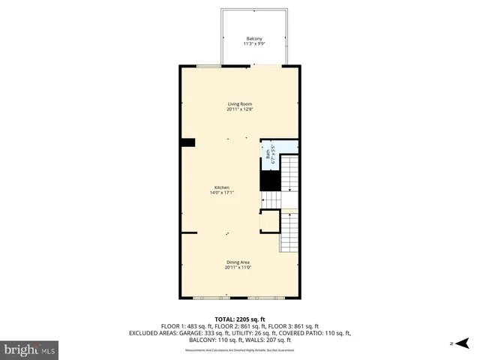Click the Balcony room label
tap(255, 39)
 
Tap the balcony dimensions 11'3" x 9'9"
tap(255, 44)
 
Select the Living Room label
tap(240, 103)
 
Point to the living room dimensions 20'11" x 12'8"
tap(240, 109)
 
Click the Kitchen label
tap(222, 187)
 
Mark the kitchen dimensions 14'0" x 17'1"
tap(222, 193)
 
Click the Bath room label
tap(268, 154)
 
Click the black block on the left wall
tap(187, 142)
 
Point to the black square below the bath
tap(269, 181)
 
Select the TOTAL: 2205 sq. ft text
tap(240, 319)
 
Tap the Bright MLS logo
tap(30, 349)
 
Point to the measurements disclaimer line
tap(240, 350)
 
